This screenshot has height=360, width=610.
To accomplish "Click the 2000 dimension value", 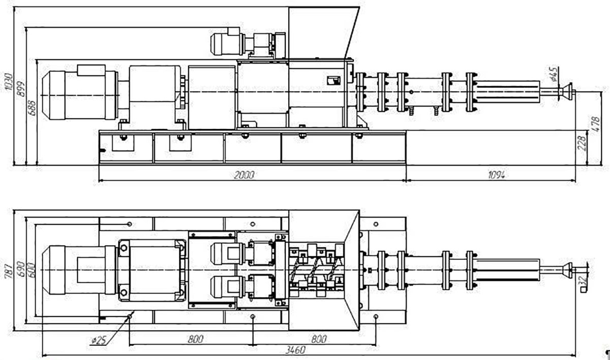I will (x=243, y=175).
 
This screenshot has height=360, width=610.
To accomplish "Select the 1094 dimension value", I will (x=496, y=175).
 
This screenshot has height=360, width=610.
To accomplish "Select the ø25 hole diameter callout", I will (x=98, y=340).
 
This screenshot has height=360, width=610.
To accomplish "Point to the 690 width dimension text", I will (x=19, y=268).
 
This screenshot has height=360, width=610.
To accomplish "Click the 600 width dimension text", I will (x=32, y=269).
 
